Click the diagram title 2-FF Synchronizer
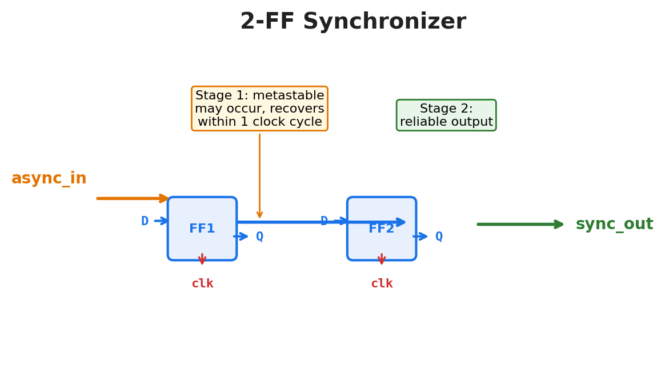(353, 21)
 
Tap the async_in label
(49, 178)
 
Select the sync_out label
(614, 224)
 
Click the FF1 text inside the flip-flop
(202, 229)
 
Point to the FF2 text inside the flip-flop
(381, 229)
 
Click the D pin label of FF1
(145, 221)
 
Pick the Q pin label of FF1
(259, 237)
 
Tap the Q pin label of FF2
(439, 237)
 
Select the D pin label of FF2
(324, 221)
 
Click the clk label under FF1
(202, 283)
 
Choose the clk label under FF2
(382, 283)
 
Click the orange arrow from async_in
(133, 198)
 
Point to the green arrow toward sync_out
(520, 224)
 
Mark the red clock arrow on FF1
(202, 259)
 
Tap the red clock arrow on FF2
(382, 259)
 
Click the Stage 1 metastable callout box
(259, 109)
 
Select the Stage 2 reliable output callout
(446, 115)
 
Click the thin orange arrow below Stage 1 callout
(259, 176)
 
